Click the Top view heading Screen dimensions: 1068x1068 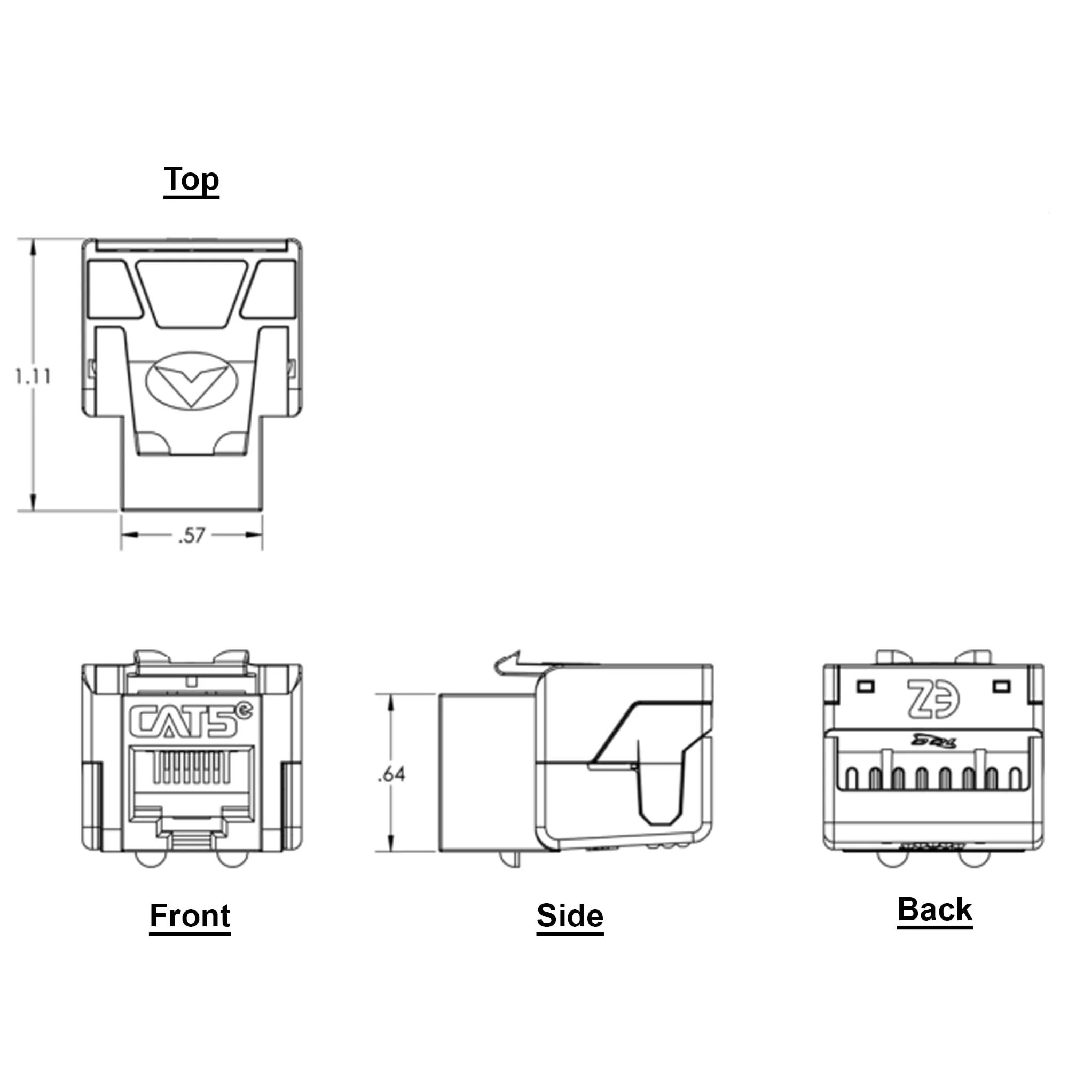click(x=191, y=179)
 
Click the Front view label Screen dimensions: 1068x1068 click(x=190, y=915)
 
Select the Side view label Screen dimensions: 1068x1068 click(x=570, y=915)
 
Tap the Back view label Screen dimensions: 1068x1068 click(x=934, y=909)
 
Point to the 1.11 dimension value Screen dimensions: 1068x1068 click(x=33, y=376)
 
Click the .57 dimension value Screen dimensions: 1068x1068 click(x=192, y=535)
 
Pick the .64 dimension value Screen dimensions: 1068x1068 click(x=391, y=774)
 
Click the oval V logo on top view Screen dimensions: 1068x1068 click(x=191, y=380)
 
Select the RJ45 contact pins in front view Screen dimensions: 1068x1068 click(x=191, y=767)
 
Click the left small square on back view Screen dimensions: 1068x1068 click(x=865, y=687)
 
